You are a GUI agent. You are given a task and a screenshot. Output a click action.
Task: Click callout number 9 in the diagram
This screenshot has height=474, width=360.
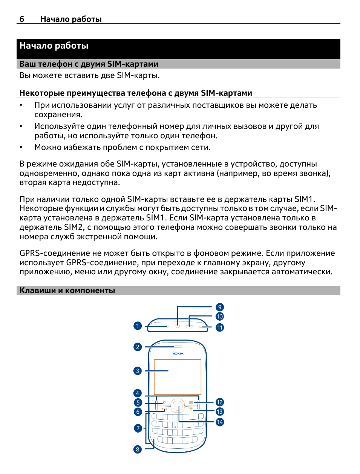(220, 307)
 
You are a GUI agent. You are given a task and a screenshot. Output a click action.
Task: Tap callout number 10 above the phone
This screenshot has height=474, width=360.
(220, 317)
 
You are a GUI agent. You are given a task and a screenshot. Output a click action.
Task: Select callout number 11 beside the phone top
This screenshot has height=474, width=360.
(220, 327)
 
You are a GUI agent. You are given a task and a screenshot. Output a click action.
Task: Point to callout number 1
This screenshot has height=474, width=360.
(138, 326)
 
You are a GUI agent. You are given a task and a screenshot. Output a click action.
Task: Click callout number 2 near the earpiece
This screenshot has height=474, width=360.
(138, 347)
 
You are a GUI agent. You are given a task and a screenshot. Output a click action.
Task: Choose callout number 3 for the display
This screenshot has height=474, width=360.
(138, 371)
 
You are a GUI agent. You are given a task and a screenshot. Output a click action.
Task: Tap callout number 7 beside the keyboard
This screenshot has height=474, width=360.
(138, 428)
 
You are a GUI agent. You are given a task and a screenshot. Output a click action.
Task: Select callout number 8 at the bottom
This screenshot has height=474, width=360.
(138, 449)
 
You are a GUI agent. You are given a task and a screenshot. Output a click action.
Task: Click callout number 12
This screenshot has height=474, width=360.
(220, 402)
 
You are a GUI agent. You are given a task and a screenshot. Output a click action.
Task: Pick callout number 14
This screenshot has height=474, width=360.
(220, 422)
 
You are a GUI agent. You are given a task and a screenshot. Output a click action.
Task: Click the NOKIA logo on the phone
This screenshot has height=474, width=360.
(178, 353)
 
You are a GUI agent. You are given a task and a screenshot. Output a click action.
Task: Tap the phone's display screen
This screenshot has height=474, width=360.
(178, 377)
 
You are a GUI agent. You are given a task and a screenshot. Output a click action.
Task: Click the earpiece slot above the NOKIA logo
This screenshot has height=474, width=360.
(178, 347)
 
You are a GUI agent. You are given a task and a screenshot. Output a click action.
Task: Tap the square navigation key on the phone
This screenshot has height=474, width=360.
(178, 405)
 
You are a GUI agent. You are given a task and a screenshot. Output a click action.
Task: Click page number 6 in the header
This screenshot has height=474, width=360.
(22, 19)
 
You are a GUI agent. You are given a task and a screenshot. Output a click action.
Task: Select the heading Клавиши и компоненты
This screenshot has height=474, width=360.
(67, 291)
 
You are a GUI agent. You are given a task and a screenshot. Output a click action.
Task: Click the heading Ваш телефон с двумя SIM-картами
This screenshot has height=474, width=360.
(89, 64)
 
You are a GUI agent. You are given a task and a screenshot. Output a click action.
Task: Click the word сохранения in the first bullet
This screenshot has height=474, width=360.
(58, 115)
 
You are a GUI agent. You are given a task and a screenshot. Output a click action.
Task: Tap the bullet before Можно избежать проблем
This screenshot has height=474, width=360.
(21, 147)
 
